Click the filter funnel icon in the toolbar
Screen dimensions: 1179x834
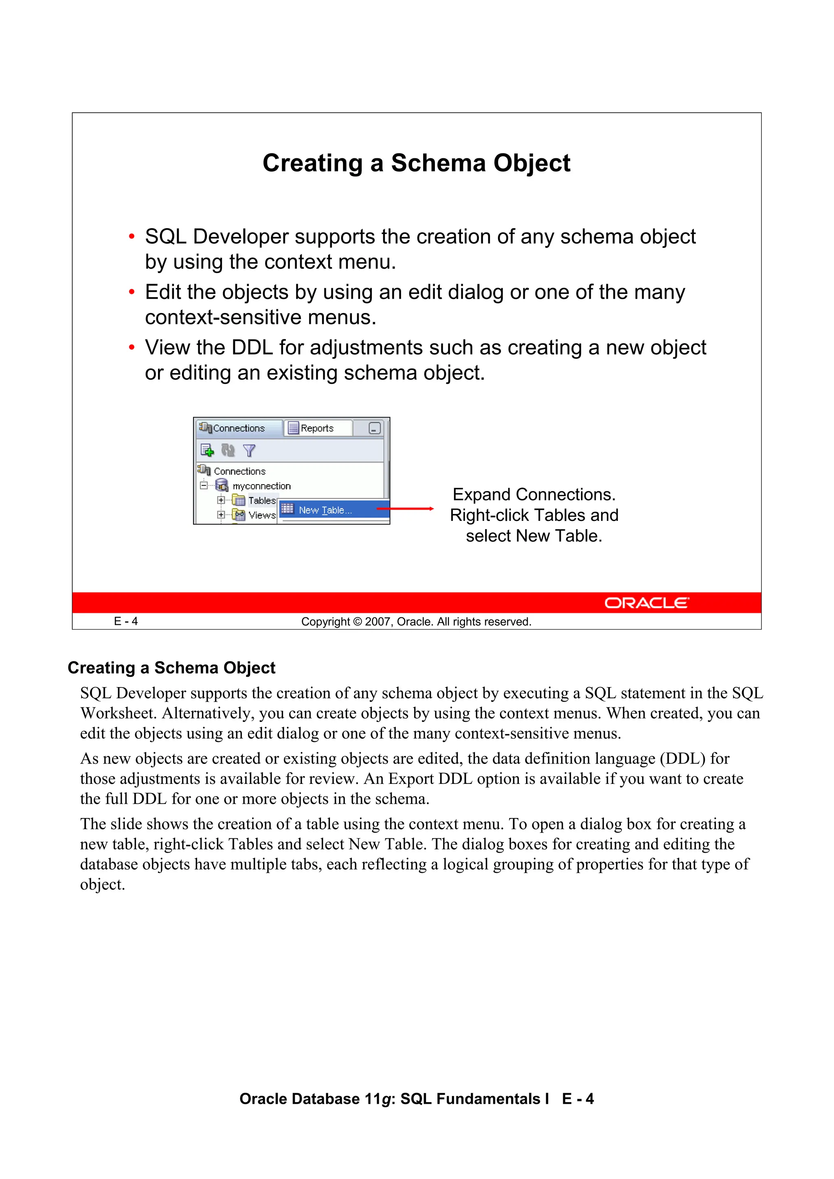(x=249, y=451)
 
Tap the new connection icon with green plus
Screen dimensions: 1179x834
(x=207, y=451)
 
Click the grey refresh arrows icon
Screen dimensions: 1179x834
(x=228, y=451)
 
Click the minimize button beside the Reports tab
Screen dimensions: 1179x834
(x=375, y=428)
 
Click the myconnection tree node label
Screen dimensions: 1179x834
(x=261, y=486)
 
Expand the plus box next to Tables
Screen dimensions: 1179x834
(x=220, y=500)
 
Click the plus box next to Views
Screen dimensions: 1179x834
(x=220, y=514)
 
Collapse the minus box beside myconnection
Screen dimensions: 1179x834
(x=204, y=485)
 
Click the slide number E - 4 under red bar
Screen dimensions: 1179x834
(x=126, y=621)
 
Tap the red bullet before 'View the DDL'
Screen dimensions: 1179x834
(x=132, y=348)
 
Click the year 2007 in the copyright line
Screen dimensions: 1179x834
(x=378, y=622)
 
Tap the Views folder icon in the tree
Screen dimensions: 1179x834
(x=239, y=514)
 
